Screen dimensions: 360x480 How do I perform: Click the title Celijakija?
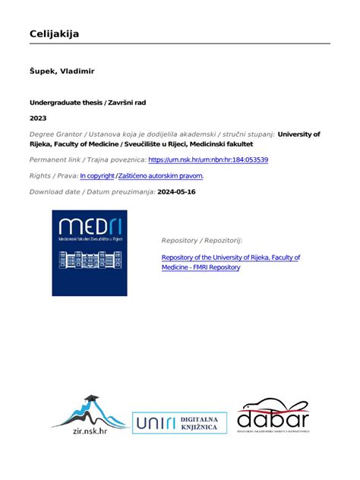pyautogui.click(x=54, y=33)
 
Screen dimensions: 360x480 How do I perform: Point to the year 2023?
pyautogui.click(x=38, y=118)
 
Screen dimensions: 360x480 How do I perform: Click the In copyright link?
pyautogui.click(x=97, y=175)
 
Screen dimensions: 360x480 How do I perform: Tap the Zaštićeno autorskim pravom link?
pyautogui.click(x=160, y=175)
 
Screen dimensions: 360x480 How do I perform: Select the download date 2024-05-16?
pyautogui.click(x=176, y=191)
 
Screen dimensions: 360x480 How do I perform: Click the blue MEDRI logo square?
pyautogui.click(x=90, y=253)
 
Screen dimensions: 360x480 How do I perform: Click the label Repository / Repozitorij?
pyautogui.click(x=201, y=240)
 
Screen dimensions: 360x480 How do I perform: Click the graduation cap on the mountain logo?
pyautogui.click(x=91, y=400)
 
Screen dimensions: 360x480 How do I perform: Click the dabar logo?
pyautogui.click(x=273, y=418)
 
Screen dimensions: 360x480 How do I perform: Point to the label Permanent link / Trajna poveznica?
pyautogui.click(x=87, y=160)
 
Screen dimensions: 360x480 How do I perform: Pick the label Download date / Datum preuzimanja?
pyautogui.click(x=92, y=191)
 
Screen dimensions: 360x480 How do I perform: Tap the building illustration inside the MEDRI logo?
pyautogui.click(x=89, y=260)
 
